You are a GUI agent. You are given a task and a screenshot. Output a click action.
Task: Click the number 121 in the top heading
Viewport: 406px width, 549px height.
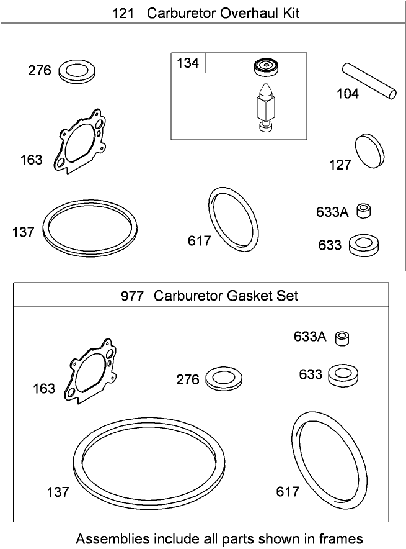(124, 13)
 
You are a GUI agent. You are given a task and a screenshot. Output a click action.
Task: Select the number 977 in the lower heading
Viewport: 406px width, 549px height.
(132, 296)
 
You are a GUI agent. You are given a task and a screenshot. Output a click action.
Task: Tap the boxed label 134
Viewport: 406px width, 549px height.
(188, 63)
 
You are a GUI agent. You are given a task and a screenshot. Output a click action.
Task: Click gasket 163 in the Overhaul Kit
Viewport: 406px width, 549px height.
(80, 141)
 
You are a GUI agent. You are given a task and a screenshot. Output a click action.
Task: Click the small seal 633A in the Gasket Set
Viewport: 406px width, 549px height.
(342, 338)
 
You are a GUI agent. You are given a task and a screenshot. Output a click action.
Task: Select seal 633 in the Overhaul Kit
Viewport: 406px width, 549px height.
(364, 245)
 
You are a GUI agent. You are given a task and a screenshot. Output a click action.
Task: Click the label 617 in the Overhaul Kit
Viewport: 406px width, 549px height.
(200, 240)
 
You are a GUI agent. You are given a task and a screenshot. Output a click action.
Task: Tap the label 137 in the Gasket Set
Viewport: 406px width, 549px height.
(58, 492)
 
